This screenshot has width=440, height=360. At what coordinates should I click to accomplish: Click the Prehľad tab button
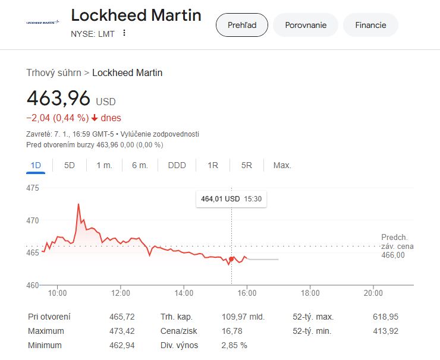[x=241, y=25]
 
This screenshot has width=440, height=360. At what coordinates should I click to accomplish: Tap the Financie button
[x=370, y=25]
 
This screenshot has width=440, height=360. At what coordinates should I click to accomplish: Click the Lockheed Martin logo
[x=43, y=22]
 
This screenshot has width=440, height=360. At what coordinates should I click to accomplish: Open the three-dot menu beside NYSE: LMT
[x=124, y=33]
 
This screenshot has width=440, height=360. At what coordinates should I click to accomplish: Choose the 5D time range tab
[x=70, y=165]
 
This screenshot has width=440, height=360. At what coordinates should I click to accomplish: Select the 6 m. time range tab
[x=140, y=165]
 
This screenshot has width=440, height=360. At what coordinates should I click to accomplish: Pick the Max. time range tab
[x=282, y=165]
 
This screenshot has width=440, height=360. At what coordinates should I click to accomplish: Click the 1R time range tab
[x=213, y=165]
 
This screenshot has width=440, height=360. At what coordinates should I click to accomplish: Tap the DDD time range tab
[x=177, y=165]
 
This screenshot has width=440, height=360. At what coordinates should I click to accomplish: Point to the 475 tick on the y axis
[x=33, y=188]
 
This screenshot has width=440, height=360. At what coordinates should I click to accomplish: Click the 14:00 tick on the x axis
[x=184, y=293]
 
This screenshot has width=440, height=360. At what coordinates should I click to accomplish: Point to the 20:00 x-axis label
[x=373, y=293]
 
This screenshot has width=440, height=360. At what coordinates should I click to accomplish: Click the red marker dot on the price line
[x=231, y=259]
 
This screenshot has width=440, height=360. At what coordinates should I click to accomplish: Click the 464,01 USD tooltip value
[x=220, y=199]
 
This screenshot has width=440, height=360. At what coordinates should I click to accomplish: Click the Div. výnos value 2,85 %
[x=234, y=345]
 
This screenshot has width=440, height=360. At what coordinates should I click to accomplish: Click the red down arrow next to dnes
[x=95, y=118]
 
